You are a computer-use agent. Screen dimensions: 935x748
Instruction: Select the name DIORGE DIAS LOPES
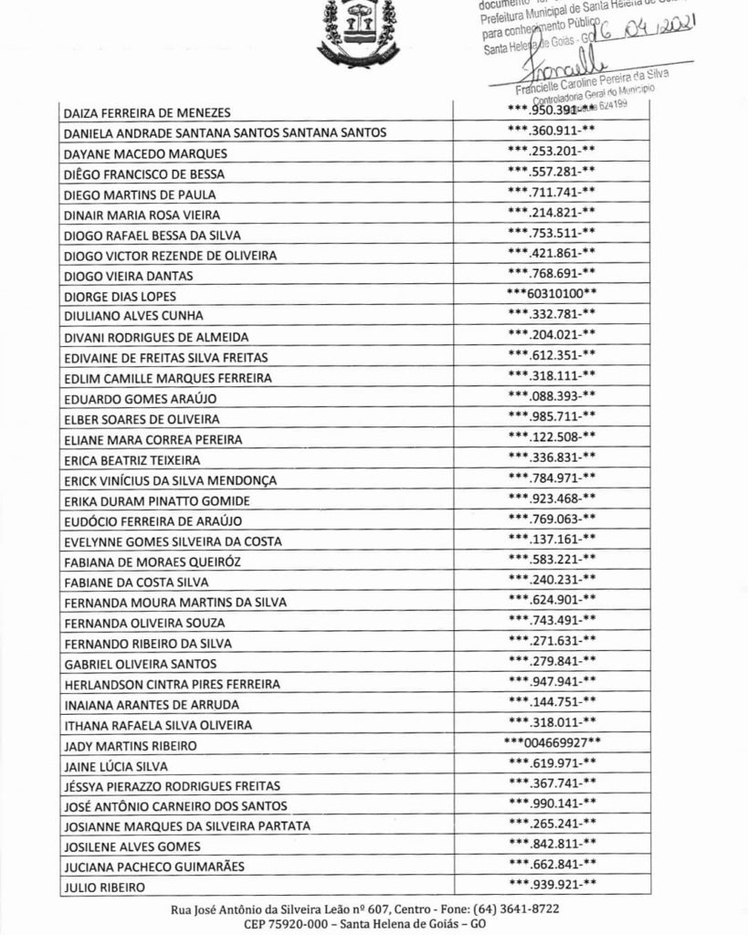click(120, 297)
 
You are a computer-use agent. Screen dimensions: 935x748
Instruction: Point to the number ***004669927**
click(552, 742)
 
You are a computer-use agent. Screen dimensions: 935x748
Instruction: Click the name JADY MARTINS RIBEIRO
click(132, 746)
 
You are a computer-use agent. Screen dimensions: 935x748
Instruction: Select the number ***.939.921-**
click(552, 884)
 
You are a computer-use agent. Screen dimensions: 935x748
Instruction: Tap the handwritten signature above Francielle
click(557, 68)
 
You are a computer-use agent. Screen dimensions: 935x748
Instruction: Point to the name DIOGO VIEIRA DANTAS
click(128, 276)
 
